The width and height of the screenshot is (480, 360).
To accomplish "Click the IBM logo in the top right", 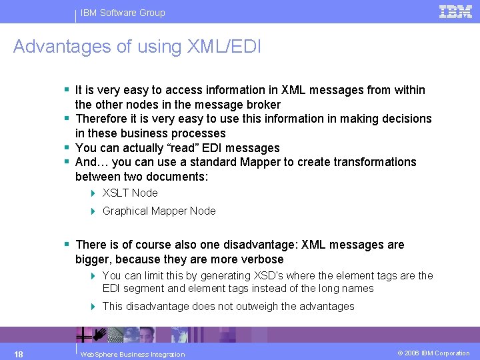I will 455,11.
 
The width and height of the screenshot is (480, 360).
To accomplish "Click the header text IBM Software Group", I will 123,13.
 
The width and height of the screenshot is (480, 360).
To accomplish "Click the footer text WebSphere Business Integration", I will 132,354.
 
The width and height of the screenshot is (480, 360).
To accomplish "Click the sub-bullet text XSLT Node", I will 130,193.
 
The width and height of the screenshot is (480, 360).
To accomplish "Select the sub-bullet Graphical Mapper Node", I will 159,211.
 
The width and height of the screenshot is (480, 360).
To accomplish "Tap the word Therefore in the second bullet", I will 102,119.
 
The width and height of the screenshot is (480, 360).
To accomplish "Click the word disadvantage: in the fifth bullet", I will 265,245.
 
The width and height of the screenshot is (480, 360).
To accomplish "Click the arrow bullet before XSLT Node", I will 94,193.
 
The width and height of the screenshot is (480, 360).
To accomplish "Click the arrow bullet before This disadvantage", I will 94,306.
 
